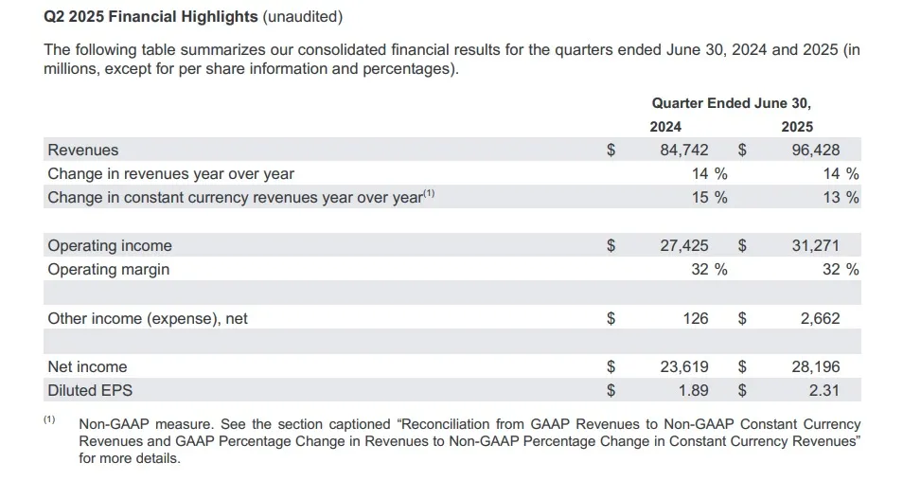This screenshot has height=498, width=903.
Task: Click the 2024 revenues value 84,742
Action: pos(683,150)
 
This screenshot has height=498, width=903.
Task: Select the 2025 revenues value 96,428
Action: pos(815,150)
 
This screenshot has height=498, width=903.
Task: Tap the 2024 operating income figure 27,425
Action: pos(683,246)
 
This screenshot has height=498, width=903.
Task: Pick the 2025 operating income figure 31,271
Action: pos(815,246)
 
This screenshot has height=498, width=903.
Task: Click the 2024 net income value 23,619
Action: pos(683,366)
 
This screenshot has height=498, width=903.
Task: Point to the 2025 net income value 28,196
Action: pos(815,366)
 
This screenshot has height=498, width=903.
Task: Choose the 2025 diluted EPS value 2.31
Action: pos(822,389)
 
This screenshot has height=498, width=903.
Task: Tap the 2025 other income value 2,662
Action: pos(820,318)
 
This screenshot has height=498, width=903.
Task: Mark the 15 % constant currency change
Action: pos(710,198)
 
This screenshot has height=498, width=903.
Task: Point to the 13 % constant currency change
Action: pos(841,198)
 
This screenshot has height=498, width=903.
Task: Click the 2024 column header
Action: pos(665,127)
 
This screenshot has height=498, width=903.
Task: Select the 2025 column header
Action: pos(797,127)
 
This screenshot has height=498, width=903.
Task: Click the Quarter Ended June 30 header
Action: pos(731,103)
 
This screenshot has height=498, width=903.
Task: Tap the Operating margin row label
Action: pos(109,269)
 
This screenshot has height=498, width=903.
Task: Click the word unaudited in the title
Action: pos(303,17)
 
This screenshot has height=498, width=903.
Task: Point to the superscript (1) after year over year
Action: pos(429,194)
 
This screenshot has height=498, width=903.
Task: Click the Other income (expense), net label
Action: pos(148,318)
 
